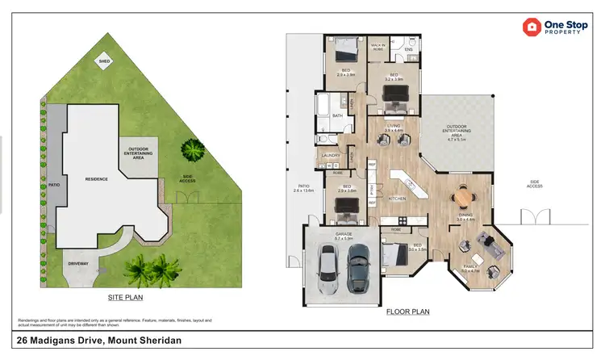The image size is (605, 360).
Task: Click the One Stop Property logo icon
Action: [532, 27]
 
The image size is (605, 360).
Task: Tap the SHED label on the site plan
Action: [104, 61]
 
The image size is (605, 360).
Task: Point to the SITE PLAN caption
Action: [125, 298]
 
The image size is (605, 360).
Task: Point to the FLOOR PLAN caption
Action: [407, 312]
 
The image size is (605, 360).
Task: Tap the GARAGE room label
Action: [344, 235]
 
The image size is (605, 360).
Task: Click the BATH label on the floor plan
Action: [337, 115]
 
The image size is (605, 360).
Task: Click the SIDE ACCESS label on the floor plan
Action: [535, 185]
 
